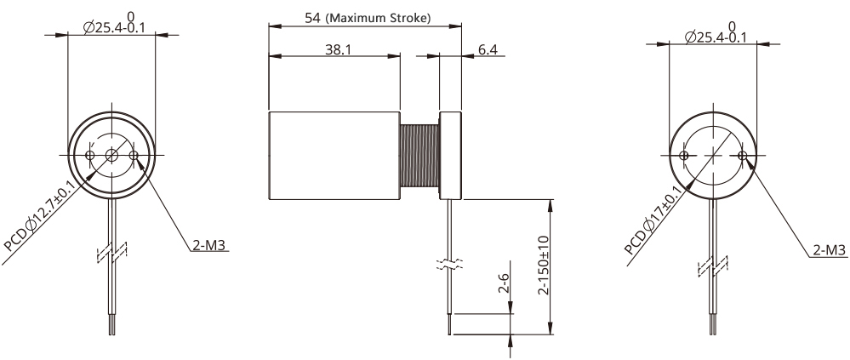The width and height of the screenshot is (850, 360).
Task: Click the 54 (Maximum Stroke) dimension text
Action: (x=368, y=18)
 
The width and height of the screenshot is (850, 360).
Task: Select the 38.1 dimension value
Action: (x=339, y=49)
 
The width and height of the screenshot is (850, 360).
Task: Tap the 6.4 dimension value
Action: (x=488, y=49)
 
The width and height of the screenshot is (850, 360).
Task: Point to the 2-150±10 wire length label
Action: (x=544, y=266)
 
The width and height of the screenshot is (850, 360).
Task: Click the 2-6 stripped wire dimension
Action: (x=504, y=283)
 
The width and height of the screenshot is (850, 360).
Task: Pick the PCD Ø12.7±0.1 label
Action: (x=39, y=216)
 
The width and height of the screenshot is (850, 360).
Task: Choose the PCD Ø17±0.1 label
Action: (x=653, y=220)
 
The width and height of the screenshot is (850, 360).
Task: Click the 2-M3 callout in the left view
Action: (x=208, y=246)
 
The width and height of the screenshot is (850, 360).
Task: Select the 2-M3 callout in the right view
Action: (x=830, y=250)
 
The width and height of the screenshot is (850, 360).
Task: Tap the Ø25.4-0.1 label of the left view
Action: (x=114, y=27)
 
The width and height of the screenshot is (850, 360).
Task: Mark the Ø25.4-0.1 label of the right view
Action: (x=716, y=37)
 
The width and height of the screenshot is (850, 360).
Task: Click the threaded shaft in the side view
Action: (x=419, y=156)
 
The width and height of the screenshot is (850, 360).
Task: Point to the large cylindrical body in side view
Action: (x=334, y=156)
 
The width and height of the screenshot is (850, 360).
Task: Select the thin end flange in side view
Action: (x=450, y=156)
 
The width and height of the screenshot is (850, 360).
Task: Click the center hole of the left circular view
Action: (x=111, y=156)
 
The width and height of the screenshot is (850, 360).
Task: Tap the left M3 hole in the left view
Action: (x=90, y=156)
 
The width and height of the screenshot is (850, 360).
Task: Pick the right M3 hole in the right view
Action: (x=743, y=156)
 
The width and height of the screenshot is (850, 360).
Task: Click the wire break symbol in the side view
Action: (x=450, y=264)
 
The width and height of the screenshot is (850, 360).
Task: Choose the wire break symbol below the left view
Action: (x=111, y=252)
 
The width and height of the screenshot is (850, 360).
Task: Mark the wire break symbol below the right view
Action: (x=713, y=266)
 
